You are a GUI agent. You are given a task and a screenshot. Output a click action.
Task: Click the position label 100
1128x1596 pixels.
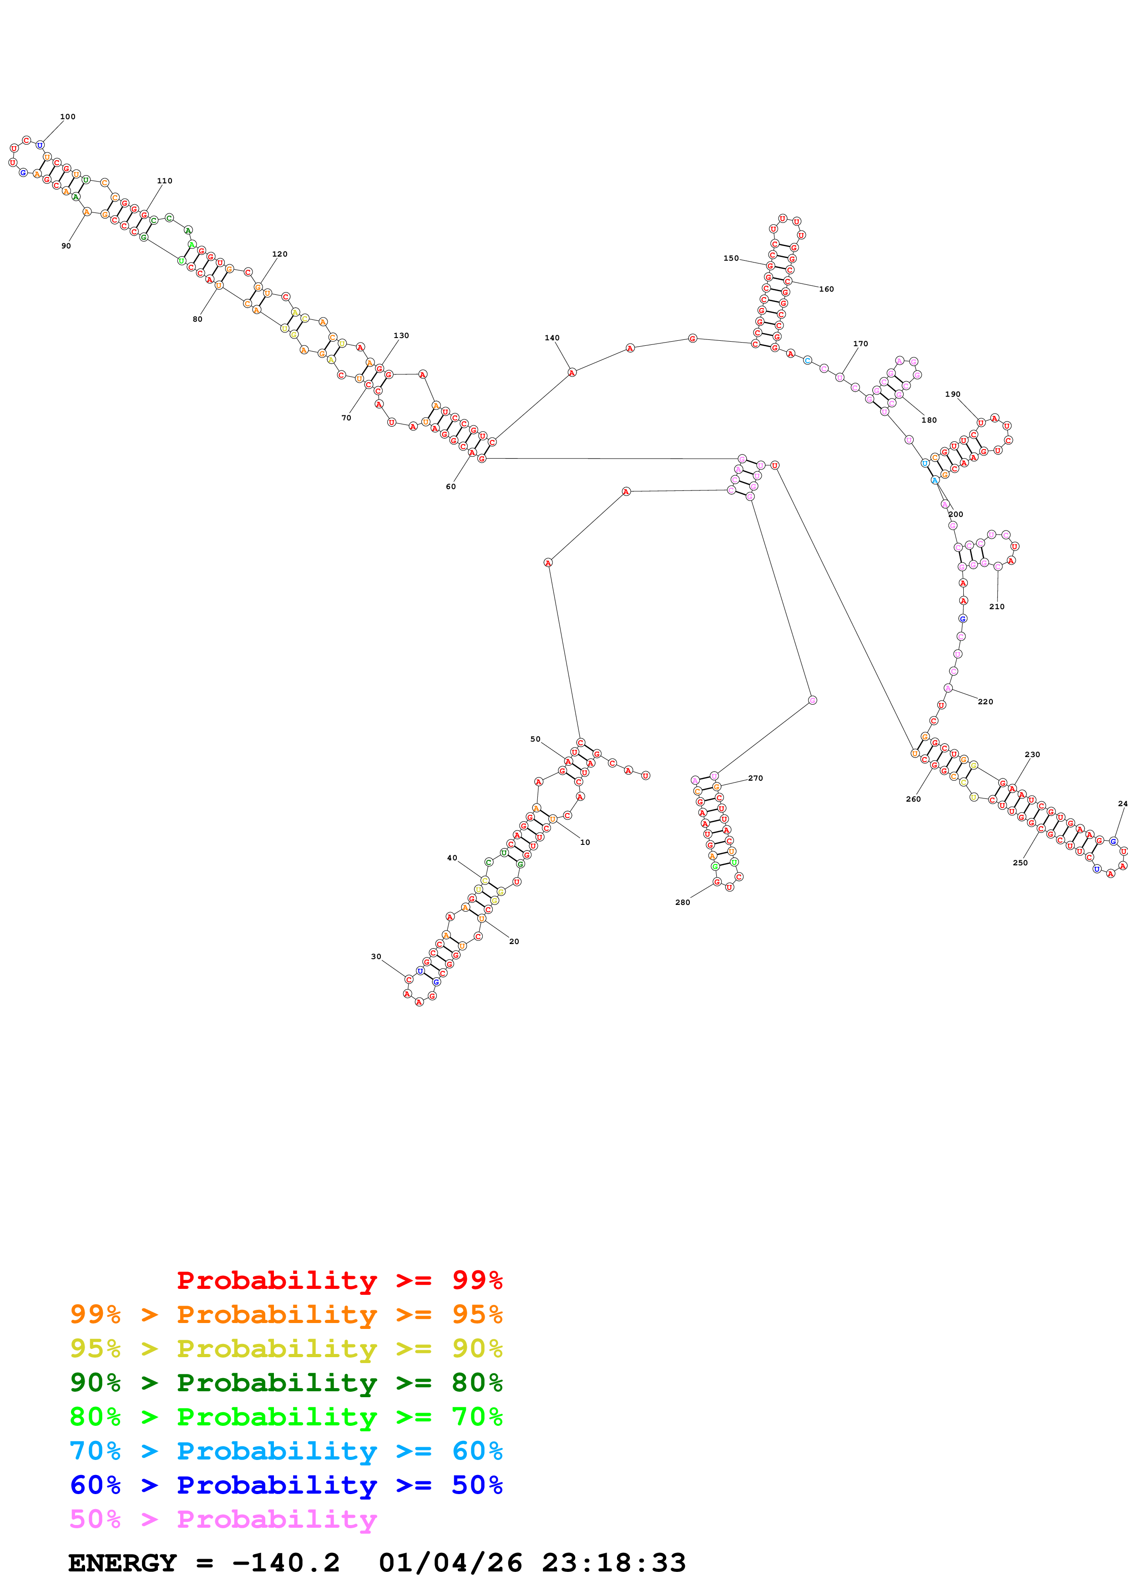[67, 117]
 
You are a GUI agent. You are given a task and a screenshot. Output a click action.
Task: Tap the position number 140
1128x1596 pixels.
[552, 338]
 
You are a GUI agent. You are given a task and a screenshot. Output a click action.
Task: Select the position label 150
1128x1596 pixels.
[730, 258]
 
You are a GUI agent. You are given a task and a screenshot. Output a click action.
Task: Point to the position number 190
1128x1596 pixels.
[952, 394]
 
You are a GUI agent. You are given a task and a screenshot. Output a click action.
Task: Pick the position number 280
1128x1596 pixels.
[683, 902]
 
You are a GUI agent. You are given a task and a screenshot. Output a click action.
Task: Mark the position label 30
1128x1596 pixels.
[376, 956]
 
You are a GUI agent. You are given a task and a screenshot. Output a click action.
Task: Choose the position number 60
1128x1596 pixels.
[451, 487]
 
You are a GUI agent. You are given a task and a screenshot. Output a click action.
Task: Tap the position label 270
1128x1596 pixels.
[755, 778]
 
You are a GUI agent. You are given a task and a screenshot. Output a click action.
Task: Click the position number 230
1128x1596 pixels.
[1032, 754]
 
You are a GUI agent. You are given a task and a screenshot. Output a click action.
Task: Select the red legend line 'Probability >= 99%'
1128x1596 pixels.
[339, 1280]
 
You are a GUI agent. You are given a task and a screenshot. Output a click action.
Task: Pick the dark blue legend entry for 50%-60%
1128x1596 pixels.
[286, 1485]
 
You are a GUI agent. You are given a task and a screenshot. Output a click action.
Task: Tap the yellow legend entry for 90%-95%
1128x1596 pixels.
[286, 1349]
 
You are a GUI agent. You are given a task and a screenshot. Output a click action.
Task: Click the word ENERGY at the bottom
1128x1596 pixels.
[122, 1563]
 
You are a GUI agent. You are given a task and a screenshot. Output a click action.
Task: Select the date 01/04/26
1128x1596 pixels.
[450, 1563]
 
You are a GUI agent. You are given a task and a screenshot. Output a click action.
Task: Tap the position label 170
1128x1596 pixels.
[860, 343]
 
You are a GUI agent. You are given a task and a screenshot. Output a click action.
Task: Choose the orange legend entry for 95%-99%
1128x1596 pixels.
[286, 1314]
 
